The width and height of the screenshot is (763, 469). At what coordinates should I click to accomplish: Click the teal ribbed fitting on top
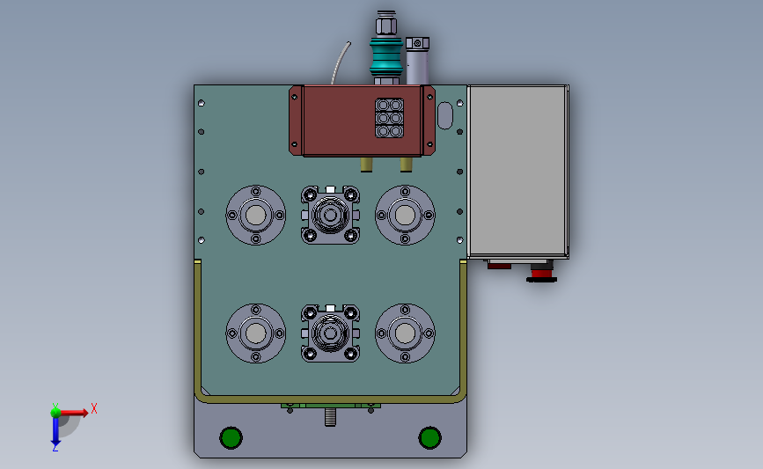[x=386, y=57]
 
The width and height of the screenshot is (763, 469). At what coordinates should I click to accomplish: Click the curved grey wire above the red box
[x=340, y=62]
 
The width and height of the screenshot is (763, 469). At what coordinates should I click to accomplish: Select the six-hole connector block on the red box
[x=389, y=118]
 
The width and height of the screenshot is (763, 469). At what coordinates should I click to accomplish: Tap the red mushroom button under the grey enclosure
[x=541, y=275]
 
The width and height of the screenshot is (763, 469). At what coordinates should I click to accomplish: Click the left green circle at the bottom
[x=231, y=438]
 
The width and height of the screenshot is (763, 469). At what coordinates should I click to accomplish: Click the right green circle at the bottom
[x=430, y=438]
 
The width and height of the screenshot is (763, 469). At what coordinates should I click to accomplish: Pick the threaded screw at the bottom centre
[x=330, y=417]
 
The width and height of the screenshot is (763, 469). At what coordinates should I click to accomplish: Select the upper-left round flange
[x=256, y=215]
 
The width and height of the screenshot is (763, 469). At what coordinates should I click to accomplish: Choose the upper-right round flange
[x=405, y=215]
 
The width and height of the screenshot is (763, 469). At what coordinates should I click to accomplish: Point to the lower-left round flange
[x=256, y=333]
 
